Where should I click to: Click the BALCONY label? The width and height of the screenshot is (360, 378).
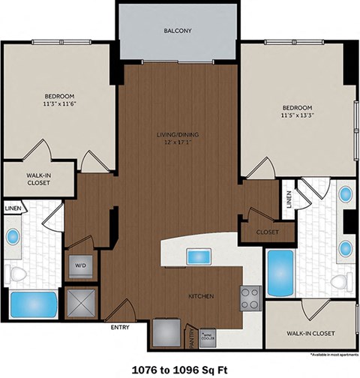(x=178, y=31)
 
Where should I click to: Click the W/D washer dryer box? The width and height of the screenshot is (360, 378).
(x=79, y=265)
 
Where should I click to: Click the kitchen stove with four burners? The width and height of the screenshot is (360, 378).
(x=250, y=297)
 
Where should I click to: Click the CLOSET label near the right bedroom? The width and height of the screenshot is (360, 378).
(x=267, y=232)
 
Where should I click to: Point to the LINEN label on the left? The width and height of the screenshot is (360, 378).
(x=13, y=208)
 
